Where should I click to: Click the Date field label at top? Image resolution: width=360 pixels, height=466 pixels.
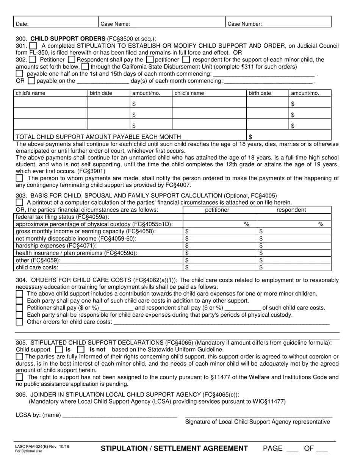click(x=22, y=24)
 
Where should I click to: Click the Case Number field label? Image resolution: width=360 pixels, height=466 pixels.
click(x=244, y=24)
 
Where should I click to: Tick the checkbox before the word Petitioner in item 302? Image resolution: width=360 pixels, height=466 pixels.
click(x=33, y=59)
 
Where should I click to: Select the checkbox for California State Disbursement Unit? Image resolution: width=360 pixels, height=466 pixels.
click(x=85, y=67)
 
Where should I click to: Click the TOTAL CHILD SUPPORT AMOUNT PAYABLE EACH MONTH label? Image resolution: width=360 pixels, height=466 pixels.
click(x=98, y=136)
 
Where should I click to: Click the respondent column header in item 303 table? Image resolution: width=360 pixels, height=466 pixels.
click(x=291, y=210)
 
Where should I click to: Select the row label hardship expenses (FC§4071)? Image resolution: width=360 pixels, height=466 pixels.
click(x=56, y=246)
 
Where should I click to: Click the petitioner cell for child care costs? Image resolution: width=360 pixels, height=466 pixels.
click(x=220, y=267)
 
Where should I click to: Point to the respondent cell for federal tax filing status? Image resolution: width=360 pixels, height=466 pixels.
click(x=294, y=217)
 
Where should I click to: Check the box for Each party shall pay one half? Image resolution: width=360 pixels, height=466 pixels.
click(x=19, y=300)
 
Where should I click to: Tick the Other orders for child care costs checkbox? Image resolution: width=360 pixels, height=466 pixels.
click(x=19, y=322)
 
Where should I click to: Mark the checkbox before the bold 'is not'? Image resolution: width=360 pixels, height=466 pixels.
click(x=80, y=350)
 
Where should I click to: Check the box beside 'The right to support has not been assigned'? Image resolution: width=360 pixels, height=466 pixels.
click(x=19, y=377)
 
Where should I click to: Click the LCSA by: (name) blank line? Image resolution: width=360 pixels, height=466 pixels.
click(x=120, y=415)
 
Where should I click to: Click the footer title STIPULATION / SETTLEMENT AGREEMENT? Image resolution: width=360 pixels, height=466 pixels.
click(x=174, y=449)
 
